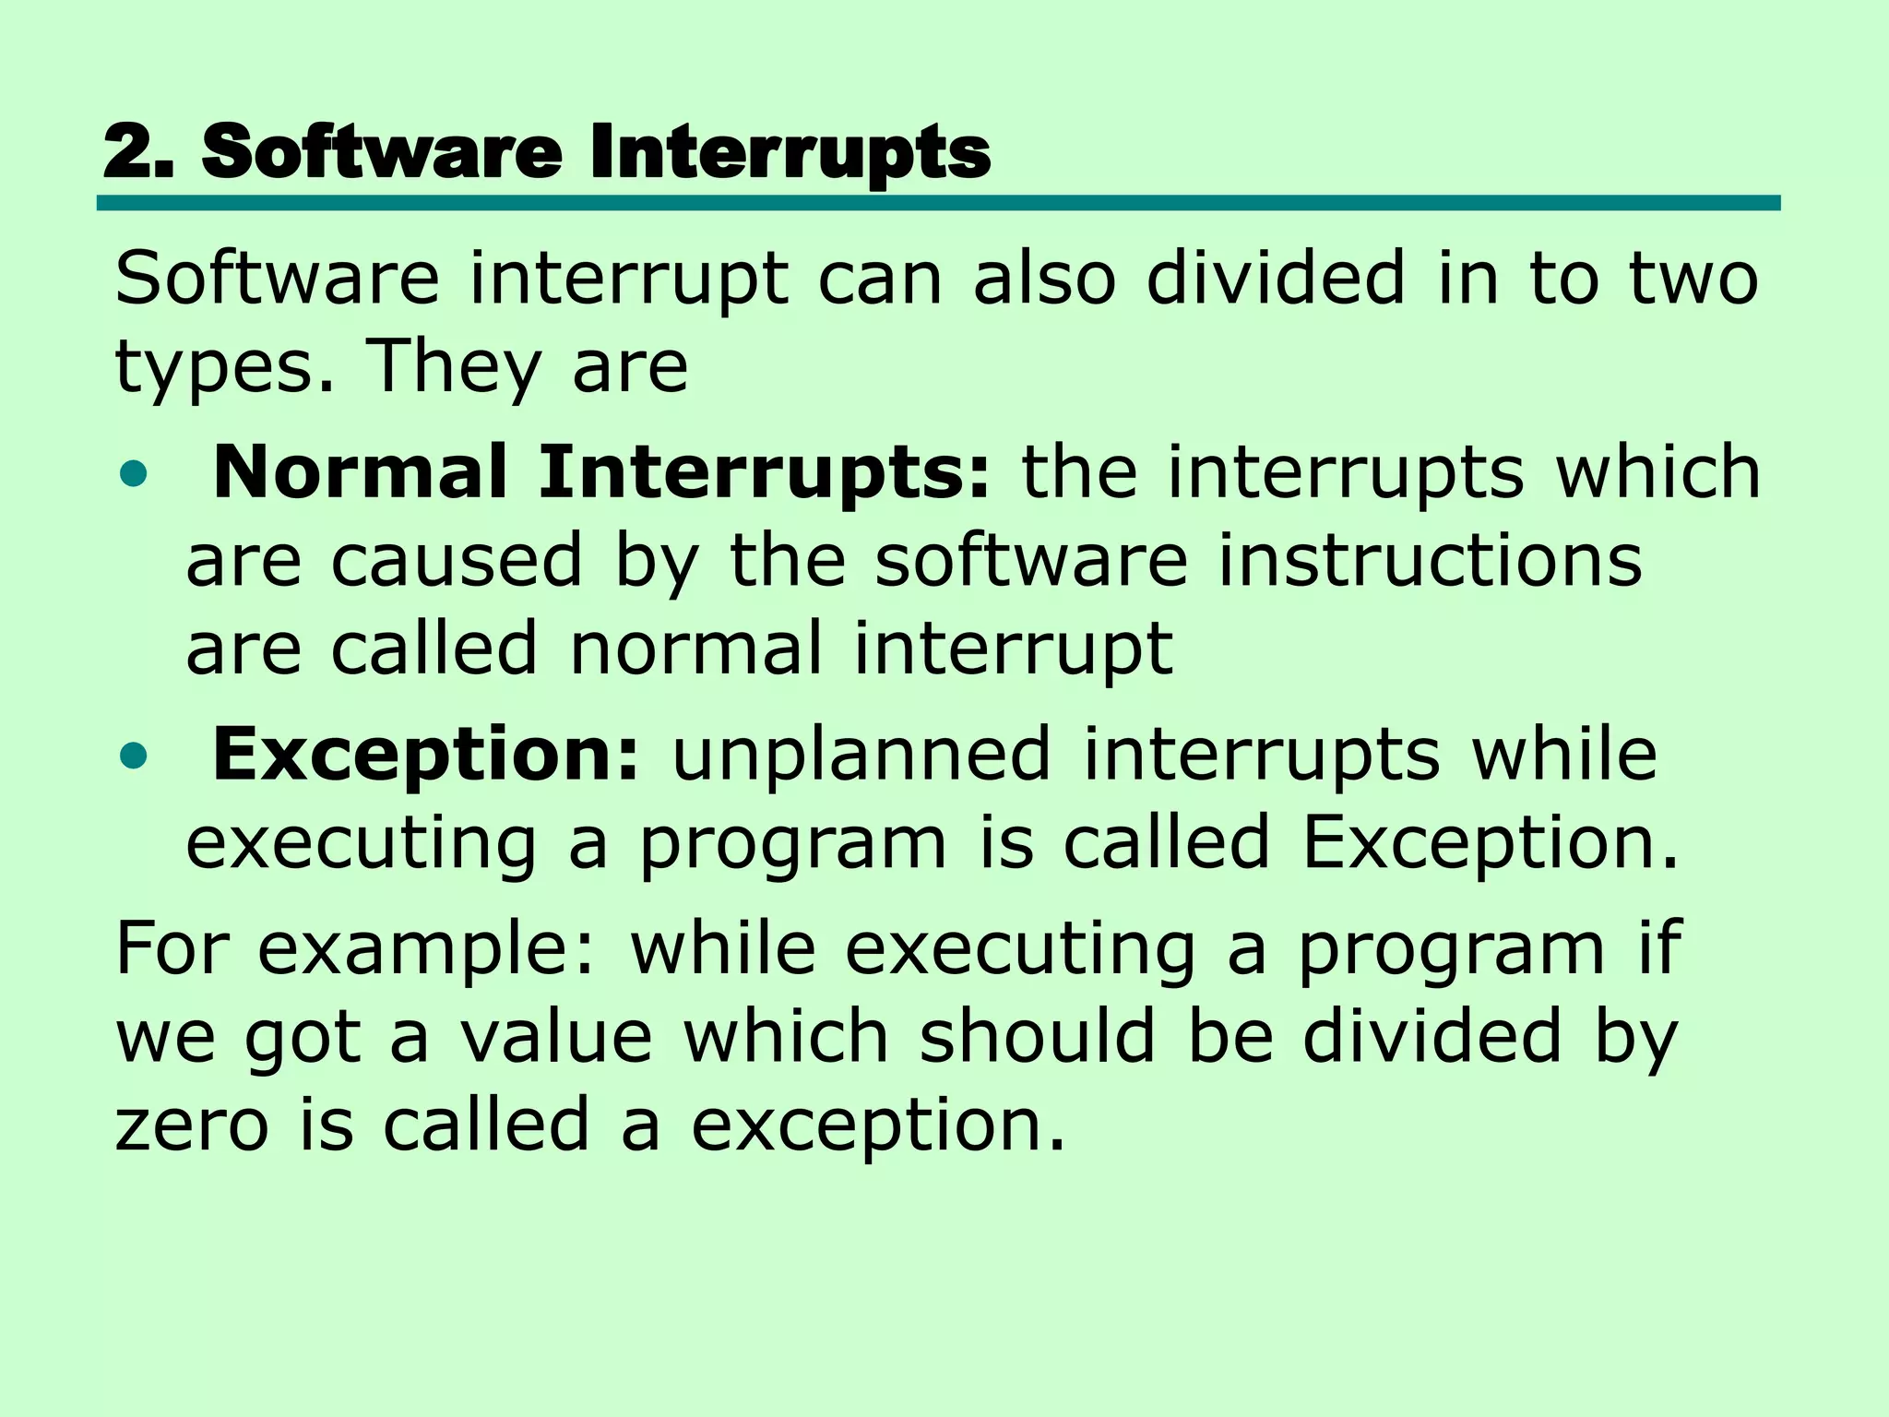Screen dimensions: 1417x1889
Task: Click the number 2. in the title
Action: point(138,152)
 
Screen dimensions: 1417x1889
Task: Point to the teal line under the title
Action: point(938,203)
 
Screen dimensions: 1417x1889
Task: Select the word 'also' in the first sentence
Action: point(1044,279)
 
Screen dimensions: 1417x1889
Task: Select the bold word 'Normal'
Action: point(360,472)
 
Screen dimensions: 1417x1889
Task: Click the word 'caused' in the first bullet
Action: point(457,561)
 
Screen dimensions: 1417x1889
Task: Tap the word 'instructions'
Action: point(1430,561)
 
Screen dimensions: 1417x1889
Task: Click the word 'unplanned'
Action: point(861,755)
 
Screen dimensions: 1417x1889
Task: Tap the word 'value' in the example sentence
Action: point(557,1037)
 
